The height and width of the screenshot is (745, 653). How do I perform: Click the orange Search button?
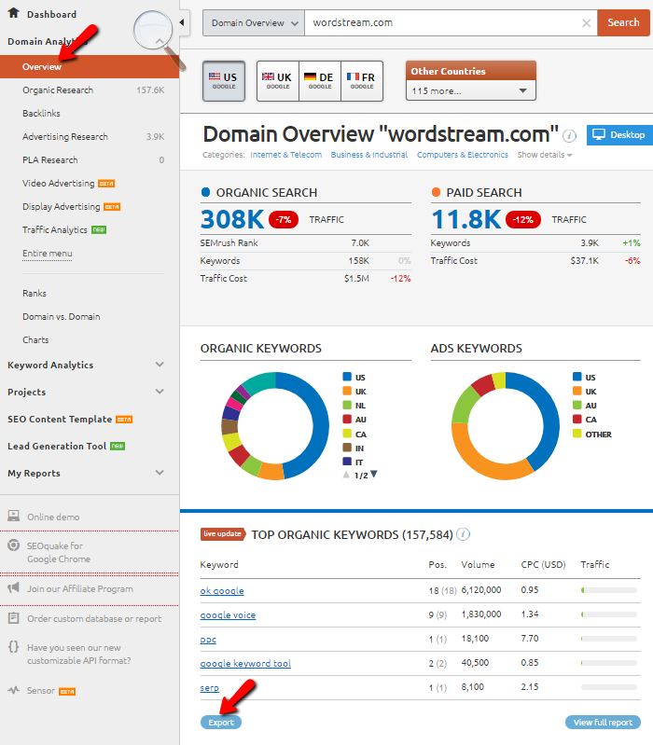click(x=623, y=22)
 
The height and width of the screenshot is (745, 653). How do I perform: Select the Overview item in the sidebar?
click(x=42, y=67)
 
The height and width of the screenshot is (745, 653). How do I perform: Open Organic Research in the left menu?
click(x=58, y=90)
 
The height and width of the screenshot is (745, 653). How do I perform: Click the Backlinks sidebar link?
click(x=41, y=114)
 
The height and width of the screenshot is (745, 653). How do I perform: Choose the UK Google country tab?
click(x=277, y=80)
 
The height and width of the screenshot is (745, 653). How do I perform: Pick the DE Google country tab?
click(x=319, y=80)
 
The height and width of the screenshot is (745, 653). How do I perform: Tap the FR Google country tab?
click(x=362, y=80)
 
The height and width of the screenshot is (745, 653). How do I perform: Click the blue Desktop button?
click(x=618, y=135)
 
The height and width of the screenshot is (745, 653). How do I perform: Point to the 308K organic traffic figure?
click(x=231, y=219)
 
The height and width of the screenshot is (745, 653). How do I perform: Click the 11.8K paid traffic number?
click(x=466, y=219)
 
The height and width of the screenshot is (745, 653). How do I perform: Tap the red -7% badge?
click(x=284, y=220)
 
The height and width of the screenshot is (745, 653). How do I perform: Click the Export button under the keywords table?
click(x=220, y=723)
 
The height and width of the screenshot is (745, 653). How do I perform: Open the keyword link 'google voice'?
click(x=228, y=615)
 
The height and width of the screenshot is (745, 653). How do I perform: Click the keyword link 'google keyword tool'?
click(x=245, y=664)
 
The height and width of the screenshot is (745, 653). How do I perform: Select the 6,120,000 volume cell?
click(x=481, y=591)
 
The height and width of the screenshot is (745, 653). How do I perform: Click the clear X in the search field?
click(x=586, y=22)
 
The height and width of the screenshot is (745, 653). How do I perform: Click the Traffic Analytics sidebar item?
click(x=55, y=230)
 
